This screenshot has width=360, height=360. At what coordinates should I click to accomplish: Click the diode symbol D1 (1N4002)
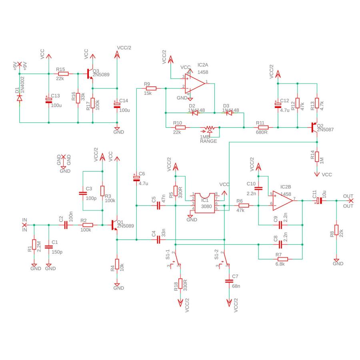tap(20, 98)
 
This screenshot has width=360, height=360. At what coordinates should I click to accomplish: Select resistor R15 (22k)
tap(63, 74)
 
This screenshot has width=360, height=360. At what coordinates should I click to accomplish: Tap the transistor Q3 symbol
tap(90, 74)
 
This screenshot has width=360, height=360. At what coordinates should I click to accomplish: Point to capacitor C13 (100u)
tap(49, 100)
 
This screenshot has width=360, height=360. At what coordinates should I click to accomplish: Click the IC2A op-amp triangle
tap(195, 84)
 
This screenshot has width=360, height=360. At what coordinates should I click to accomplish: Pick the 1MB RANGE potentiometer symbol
tap(210, 128)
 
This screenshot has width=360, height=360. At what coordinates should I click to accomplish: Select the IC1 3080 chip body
tap(205, 203)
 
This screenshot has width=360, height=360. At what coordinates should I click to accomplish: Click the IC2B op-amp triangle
tap(283, 201)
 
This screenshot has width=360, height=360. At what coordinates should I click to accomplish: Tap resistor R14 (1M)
tap(317, 156)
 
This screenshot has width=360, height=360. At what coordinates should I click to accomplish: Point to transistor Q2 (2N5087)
tap(314, 128)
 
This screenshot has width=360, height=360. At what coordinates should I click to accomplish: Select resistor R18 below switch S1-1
tap(180, 284)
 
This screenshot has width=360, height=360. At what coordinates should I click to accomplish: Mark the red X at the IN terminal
tap(24, 225)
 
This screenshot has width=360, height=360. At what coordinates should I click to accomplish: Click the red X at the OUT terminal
tap(351, 201)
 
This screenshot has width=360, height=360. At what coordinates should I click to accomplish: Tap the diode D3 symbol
tap(229, 113)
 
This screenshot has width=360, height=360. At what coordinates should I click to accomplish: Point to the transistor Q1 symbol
tap(114, 225)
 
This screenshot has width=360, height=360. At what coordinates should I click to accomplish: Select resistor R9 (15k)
tap(151, 88)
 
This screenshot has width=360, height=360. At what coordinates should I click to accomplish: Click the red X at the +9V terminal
tap(20, 64)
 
